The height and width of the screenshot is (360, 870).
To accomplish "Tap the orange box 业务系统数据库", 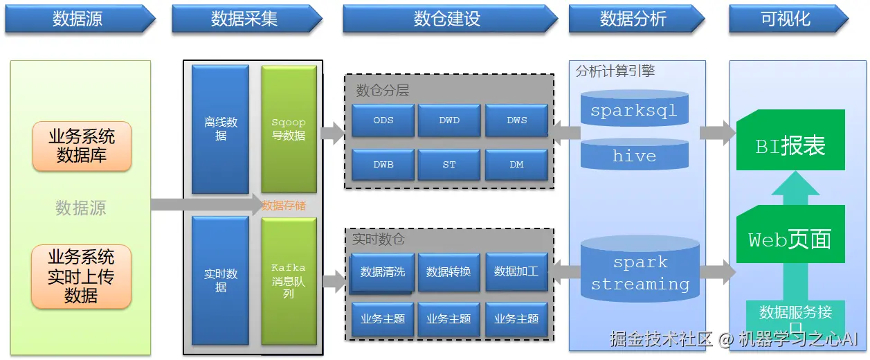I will tap(81, 146).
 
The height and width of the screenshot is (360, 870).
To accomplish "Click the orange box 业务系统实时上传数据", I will tap(81, 276).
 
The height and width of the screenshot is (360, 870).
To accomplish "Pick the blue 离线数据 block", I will tap(220, 129).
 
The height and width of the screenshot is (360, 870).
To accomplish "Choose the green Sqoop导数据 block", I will tap(289, 129).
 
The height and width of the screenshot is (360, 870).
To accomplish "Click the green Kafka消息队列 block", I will tap(289, 280).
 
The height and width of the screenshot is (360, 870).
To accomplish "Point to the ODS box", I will tap(383, 120).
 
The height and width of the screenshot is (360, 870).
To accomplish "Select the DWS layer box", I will tap(516, 120).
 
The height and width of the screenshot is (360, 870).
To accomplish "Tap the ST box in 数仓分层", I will tap(449, 165).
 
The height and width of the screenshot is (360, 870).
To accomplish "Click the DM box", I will tap(516, 165).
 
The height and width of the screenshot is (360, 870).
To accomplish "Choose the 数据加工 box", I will tap(516, 271).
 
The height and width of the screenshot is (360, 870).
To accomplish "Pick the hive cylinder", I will tap(634, 156).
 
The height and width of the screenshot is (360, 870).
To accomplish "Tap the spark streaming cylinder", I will tap(640, 273).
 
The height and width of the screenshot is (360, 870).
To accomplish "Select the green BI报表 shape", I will tap(790, 145).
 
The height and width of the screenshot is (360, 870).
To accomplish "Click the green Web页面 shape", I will tap(790, 239).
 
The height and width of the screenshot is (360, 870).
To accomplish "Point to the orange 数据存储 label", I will tap(284, 206).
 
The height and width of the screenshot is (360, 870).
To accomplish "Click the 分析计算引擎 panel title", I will tap(615, 71).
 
